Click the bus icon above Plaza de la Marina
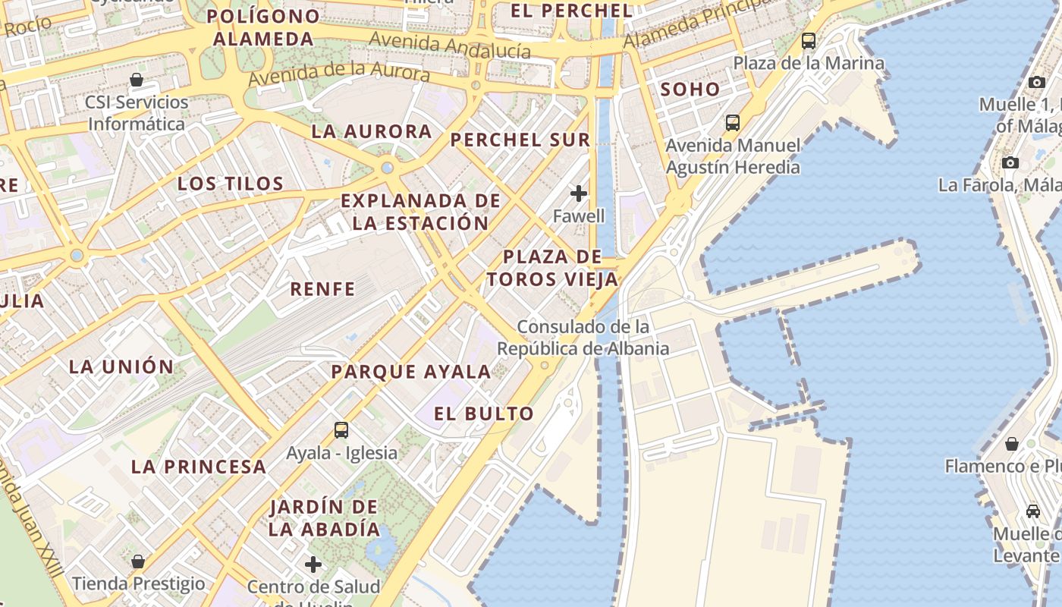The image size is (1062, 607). click(x=809, y=41)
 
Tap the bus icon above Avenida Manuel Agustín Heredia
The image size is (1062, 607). click(x=732, y=122)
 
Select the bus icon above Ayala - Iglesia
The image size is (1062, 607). click(x=341, y=430)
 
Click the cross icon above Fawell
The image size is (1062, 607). click(x=579, y=193)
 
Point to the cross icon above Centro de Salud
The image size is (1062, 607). click(x=313, y=565)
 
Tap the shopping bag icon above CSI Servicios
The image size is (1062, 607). click(x=137, y=80)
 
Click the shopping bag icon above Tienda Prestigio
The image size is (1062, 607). click(x=138, y=561)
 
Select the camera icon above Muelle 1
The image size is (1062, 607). click(x=1037, y=82)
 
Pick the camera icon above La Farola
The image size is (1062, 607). click(x=1010, y=162)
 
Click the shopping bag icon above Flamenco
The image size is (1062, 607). click(x=1011, y=443)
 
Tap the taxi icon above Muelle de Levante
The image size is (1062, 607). click(x=1032, y=511)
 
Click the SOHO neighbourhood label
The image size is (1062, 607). click(x=690, y=89)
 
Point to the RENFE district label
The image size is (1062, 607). click(x=322, y=289)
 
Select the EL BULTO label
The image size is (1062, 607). click(x=484, y=414)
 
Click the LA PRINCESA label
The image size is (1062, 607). click(x=199, y=467)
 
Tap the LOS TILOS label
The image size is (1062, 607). click(x=231, y=183)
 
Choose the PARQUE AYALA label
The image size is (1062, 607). click(x=411, y=372)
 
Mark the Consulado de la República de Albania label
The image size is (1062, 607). click(x=583, y=338)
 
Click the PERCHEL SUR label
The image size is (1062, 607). click(x=520, y=140)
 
